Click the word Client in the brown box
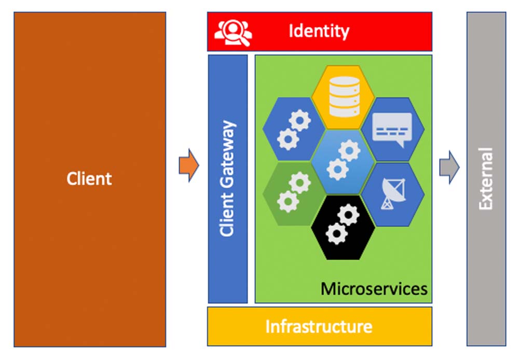coord(89,179)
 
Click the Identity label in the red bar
coord(319,31)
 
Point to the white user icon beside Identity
coord(233,32)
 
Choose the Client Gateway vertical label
coord(227,179)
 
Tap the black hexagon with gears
coord(343,227)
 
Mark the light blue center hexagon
coord(343,162)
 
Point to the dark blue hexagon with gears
coord(293,130)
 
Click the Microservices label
coord(374,288)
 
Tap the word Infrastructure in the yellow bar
coord(319,327)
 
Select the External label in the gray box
coord(486,179)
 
